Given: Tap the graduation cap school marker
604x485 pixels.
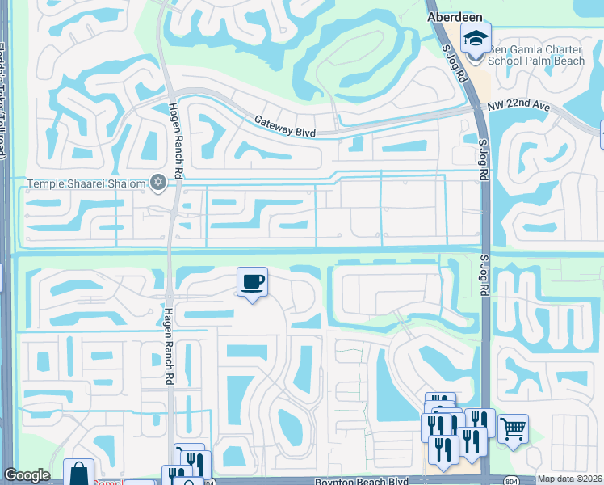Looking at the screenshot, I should [476, 39].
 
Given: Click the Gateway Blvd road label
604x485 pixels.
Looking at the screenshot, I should [284, 124].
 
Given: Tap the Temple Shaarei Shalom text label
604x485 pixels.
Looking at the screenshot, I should [86, 183].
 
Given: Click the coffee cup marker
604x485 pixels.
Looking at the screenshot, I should [253, 282].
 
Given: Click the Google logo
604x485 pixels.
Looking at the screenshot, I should [27, 476].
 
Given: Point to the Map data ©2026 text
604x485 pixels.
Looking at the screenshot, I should [569, 479].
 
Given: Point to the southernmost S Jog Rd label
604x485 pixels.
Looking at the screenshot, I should [485, 281].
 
